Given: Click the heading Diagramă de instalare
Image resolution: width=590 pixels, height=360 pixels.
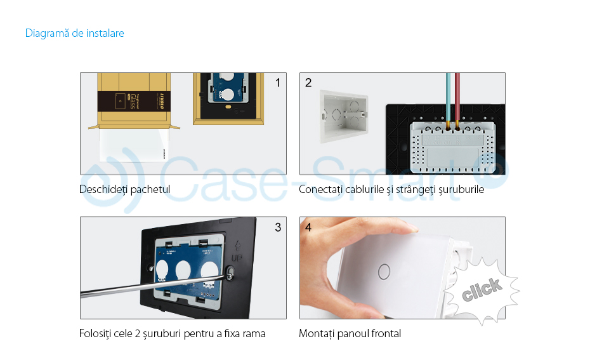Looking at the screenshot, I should coord(74,33).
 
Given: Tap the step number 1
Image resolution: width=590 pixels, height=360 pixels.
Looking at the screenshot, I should coord(278,83).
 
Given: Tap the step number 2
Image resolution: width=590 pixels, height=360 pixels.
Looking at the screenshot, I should coord(308,83).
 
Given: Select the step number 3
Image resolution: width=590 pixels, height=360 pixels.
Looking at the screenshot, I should coord(278,227).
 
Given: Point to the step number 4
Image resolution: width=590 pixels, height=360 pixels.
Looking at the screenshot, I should coord(308,227).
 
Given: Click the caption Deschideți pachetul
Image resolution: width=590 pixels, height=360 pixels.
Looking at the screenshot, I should coord(124,189).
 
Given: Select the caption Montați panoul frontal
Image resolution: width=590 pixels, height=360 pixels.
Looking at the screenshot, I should coord(350,333).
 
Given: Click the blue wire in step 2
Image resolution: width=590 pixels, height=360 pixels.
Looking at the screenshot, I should coord(449,95).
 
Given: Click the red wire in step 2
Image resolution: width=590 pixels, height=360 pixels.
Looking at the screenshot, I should coord(457,95).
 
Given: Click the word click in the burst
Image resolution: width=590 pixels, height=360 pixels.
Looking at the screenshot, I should coord(482,289).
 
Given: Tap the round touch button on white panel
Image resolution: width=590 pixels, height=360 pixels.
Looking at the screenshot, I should coord(383,270).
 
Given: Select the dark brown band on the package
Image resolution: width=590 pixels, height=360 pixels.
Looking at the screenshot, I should coord(133,101).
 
